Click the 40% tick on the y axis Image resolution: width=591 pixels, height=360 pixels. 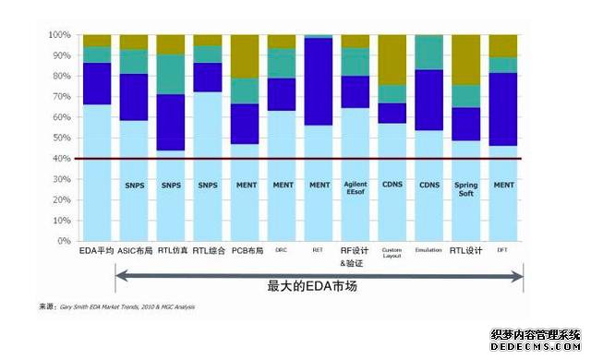click(x=59, y=159)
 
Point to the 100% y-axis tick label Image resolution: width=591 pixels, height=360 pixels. click(x=57, y=35)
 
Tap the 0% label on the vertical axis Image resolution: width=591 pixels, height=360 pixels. click(x=63, y=241)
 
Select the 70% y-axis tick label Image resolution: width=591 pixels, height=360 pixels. click(x=59, y=97)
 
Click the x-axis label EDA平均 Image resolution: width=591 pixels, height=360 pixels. click(x=96, y=250)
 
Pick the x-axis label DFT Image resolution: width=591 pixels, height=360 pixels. click(x=503, y=250)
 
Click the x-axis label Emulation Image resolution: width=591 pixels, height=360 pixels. click(x=428, y=250)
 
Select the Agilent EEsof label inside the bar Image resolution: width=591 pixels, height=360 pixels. click(x=355, y=190)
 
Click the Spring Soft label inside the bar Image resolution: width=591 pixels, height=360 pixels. click(x=465, y=190)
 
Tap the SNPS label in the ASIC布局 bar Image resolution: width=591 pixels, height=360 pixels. click(x=134, y=186)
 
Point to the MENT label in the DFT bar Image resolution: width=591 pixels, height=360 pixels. click(x=503, y=186)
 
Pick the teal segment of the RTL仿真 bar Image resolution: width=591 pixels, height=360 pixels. click(x=171, y=74)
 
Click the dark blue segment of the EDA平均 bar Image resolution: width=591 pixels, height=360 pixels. click(x=96, y=83)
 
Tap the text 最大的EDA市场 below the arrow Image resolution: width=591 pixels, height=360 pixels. click(x=319, y=286)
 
